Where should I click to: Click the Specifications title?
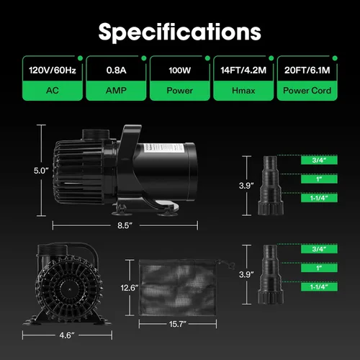click(179, 32)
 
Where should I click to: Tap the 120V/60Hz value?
click(53, 71)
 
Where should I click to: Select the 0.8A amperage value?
click(116, 71)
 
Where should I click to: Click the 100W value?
click(179, 71)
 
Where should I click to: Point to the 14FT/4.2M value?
click(243, 71)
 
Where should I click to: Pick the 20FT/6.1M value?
click(307, 71)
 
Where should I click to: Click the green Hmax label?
click(243, 91)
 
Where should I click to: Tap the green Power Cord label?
click(307, 91)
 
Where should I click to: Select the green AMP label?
click(116, 91)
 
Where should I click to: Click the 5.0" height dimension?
click(41, 171)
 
